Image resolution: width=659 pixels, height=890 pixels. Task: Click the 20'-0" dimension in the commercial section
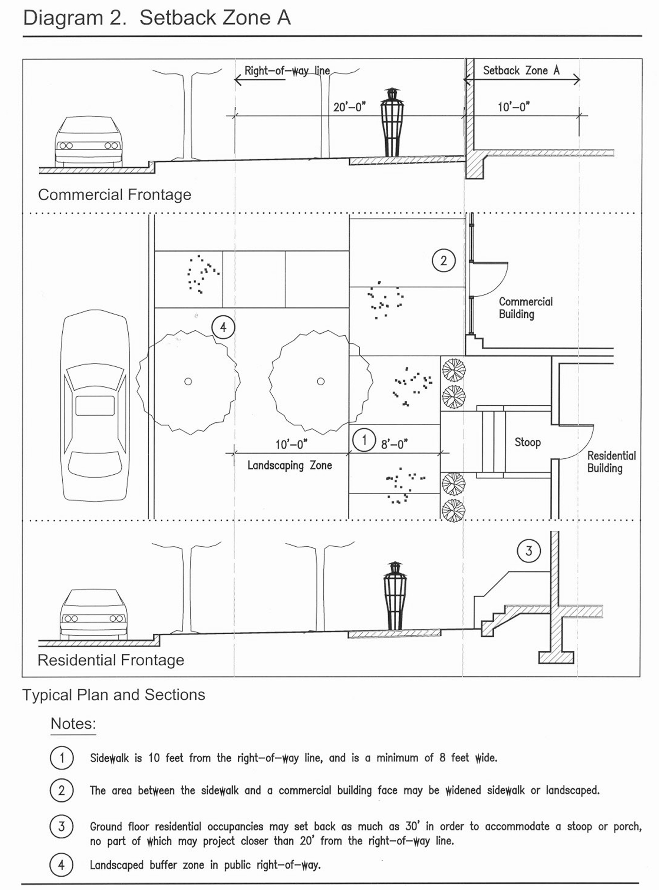coord(349,107)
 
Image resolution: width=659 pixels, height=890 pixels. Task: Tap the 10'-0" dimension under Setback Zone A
coord(514,106)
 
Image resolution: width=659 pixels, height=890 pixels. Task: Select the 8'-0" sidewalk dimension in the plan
coord(394,444)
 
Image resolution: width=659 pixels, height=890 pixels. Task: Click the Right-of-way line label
coord(287,70)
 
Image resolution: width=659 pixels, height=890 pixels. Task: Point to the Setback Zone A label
coord(521,70)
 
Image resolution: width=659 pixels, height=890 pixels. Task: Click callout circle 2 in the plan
coord(444,260)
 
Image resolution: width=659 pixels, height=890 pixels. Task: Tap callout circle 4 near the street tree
coord(223,327)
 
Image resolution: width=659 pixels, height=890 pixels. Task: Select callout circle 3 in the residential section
coord(528,551)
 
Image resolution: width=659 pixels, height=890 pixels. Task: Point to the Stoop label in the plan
coord(527,442)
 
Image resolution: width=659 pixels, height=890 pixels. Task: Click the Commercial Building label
coord(526,307)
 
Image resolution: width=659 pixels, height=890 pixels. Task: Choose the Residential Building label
coord(612,462)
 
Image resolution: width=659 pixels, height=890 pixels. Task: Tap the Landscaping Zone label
coord(290,465)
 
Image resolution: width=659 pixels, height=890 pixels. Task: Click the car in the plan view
coord(95,405)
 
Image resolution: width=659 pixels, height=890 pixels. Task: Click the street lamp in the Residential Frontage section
coord(395,596)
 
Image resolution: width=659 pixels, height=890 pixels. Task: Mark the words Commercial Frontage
coord(115,195)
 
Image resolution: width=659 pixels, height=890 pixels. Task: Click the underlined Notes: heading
coord(73,723)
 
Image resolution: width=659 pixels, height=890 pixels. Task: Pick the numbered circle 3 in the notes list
coord(62,826)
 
